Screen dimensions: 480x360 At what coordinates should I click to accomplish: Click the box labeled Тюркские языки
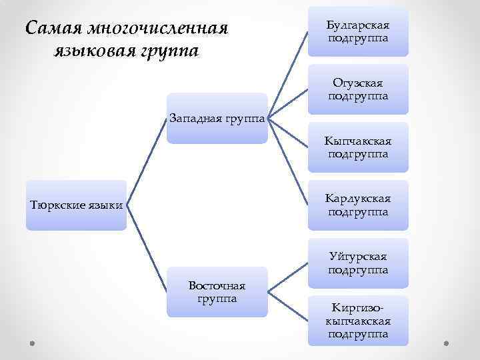[x=76, y=205]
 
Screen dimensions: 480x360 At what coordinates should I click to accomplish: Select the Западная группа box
[x=217, y=118]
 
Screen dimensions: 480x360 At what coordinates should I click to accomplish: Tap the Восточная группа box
[x=217, y=292]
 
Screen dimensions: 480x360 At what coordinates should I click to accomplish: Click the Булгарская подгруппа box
[x=358, y=32]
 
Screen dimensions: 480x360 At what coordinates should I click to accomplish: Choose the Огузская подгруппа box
[x=358, y=89]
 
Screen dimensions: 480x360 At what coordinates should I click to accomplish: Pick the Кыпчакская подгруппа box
[x=358, y=147]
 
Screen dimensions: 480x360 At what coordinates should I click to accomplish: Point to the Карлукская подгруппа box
[x=358, y=205]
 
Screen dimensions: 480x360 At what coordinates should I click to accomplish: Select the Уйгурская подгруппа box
[x=358, y=263]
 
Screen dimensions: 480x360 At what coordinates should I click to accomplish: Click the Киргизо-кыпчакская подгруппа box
[x=358, y=321]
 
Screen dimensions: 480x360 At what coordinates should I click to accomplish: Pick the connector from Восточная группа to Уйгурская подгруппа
[x=287, y=277]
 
